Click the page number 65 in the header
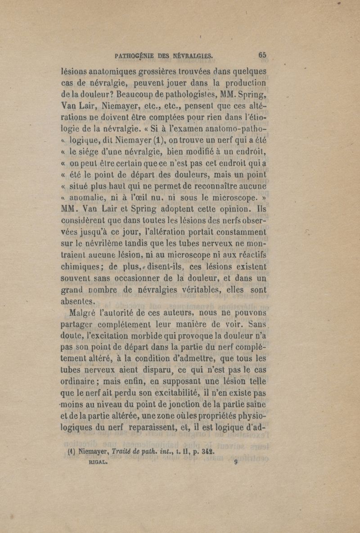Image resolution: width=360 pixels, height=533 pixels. [263, 55]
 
